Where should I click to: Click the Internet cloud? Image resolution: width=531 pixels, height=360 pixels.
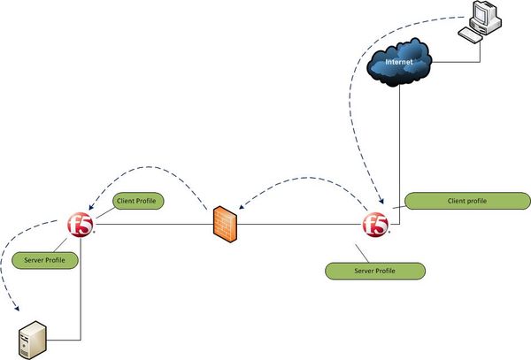click(402, 65)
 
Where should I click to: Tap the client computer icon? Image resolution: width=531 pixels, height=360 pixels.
click(478, 22)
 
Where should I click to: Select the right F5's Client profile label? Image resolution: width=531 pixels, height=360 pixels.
click(461, 202)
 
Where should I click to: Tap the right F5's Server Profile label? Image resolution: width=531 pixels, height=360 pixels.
click(375, 269)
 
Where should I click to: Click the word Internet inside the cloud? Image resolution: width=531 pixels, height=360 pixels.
click(402, 63)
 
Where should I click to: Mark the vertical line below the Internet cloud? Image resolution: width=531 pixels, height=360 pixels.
click(403, 142)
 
